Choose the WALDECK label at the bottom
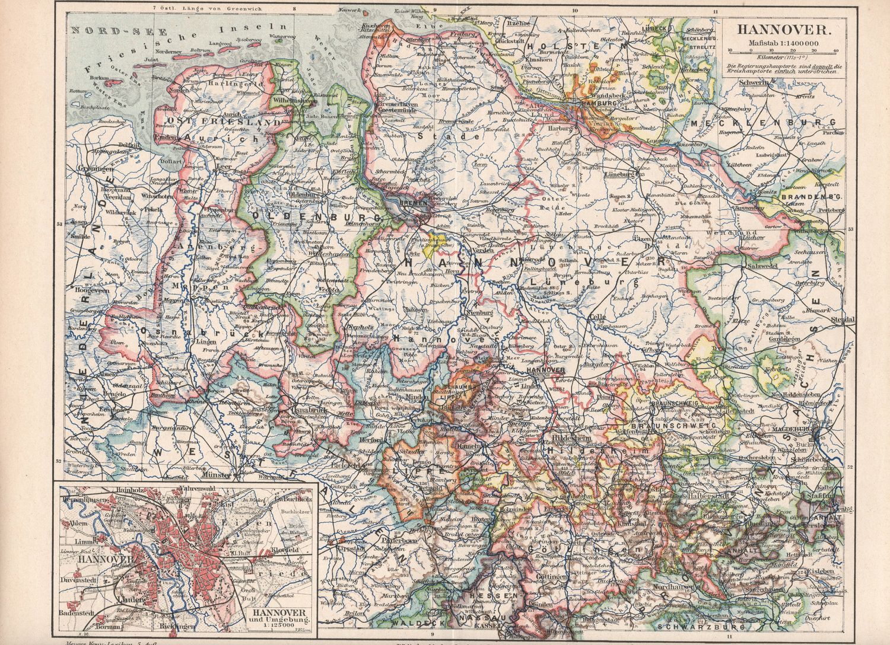point(410,624)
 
